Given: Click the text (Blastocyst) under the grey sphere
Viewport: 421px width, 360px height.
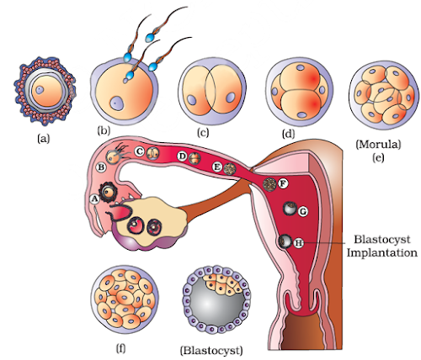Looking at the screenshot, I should [x=212, y=348].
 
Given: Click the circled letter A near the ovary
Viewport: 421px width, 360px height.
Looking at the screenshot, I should [x=95, y=198].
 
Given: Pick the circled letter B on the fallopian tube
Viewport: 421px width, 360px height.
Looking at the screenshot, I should [x=101, y=167].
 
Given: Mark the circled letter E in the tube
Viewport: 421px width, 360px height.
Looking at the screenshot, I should [x=217, y=167].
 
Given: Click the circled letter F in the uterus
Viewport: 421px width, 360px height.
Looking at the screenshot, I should [x=283, y=183].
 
